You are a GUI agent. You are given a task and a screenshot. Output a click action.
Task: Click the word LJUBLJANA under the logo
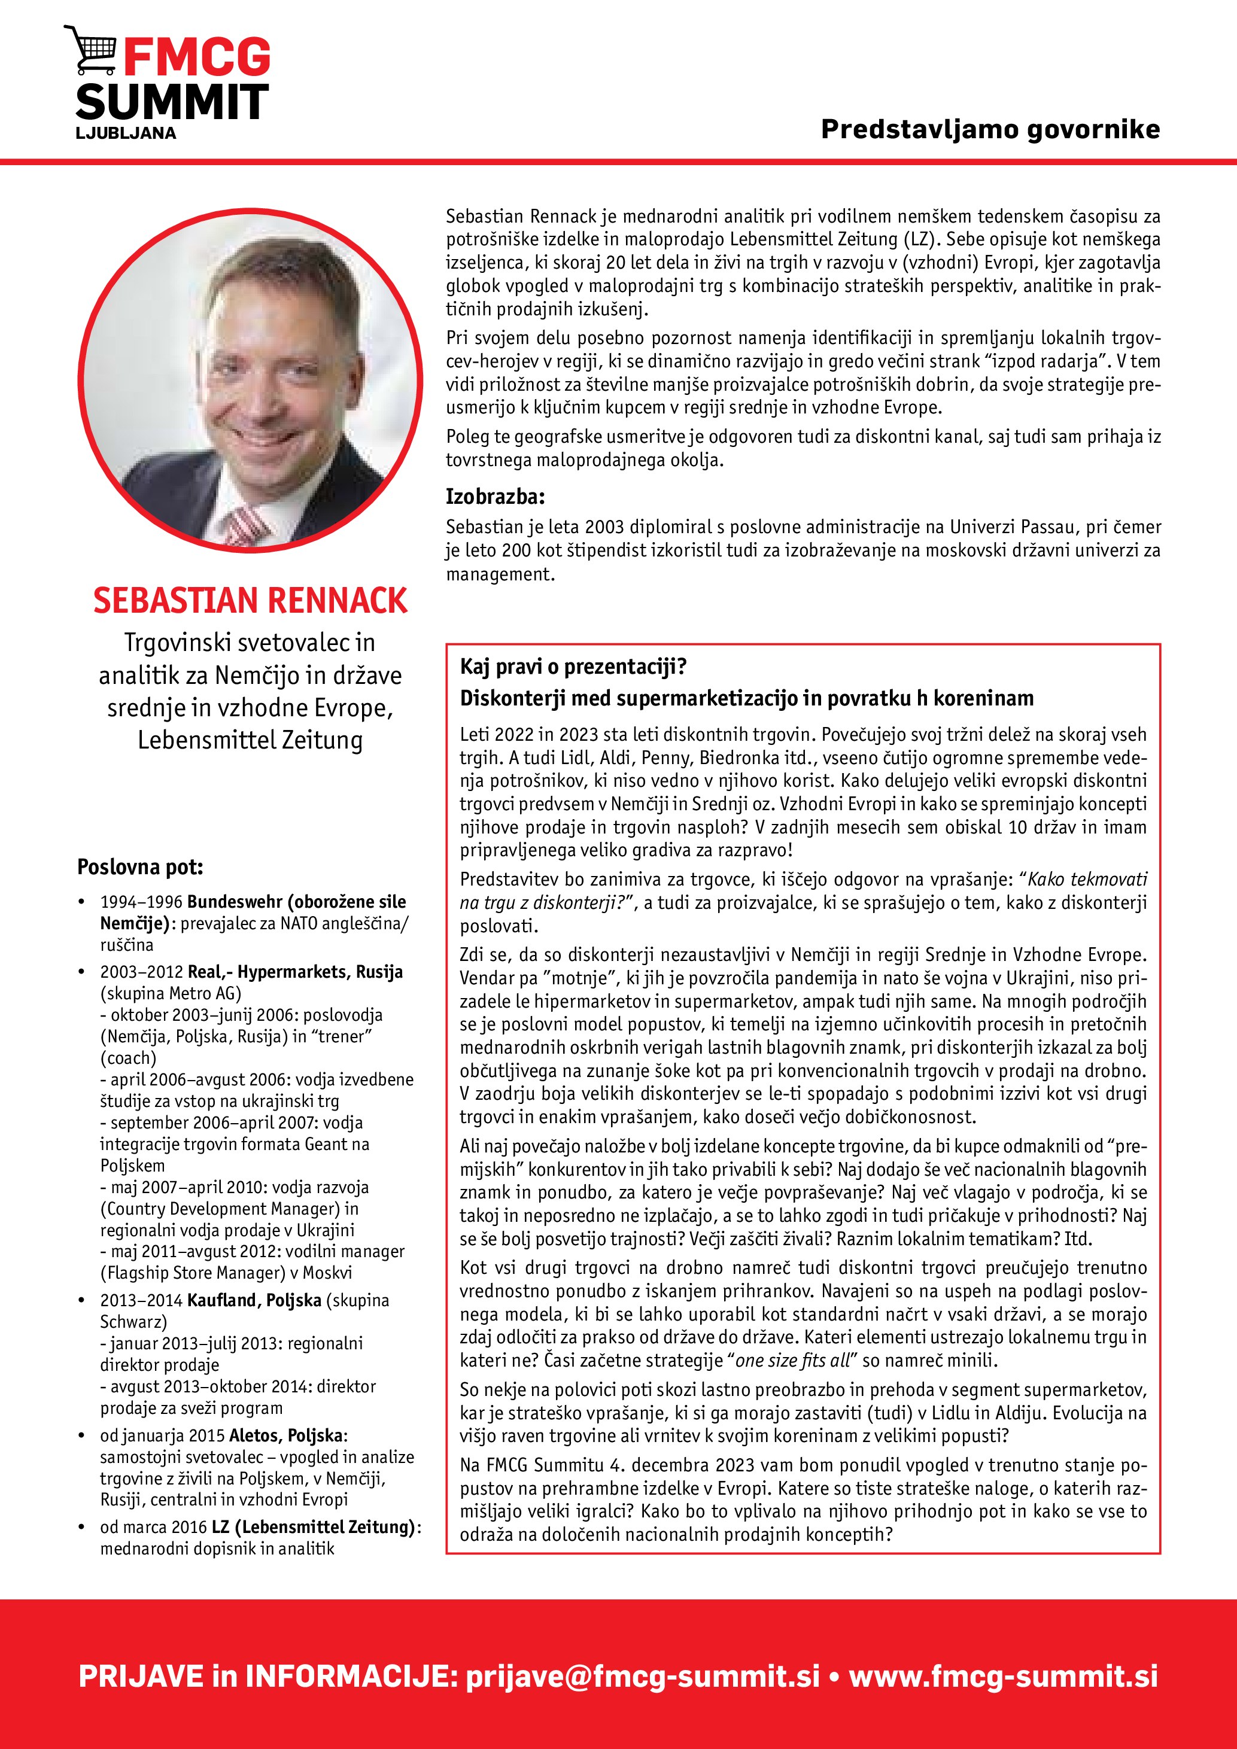pos(126,133)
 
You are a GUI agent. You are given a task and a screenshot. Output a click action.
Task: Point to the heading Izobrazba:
pos(495,497)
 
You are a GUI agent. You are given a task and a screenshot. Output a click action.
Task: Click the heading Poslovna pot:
pos(140,867)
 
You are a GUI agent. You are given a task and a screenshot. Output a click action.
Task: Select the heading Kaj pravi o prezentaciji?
pos(573,667)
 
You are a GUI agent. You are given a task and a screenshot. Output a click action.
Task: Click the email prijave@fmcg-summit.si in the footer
pos(643,1676)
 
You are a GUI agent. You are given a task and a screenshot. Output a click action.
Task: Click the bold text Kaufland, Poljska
pos(254,1300)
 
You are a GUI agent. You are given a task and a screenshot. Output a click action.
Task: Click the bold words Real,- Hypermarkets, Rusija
pos(295,972)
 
